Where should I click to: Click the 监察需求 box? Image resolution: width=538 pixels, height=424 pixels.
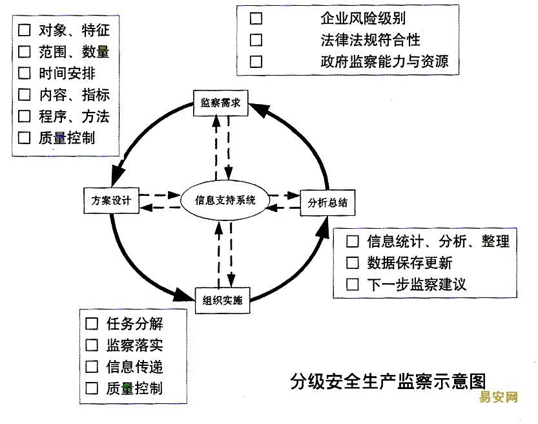(221, 103)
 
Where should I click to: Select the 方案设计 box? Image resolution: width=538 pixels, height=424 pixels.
(112, 200)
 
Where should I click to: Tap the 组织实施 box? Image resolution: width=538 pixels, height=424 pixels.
(222, 301)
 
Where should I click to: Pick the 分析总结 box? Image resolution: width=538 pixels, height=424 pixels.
(327, 203)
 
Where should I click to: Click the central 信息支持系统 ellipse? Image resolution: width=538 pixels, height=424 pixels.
(225, 200)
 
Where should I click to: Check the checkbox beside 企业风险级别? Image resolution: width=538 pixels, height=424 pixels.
(256, 18)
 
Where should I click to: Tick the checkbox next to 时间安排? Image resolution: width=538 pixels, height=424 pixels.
(25, 73)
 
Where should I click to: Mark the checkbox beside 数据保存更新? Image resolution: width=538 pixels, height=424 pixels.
(353, 263)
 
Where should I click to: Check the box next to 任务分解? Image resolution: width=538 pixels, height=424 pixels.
(92, 323)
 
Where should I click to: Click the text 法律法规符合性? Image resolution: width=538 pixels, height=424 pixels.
(371, 40)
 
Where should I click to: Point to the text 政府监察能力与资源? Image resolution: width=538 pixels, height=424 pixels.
(385, 62)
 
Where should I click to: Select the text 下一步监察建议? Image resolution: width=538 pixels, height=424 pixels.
(417, 284)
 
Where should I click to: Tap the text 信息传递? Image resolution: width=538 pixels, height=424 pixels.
(134, 367)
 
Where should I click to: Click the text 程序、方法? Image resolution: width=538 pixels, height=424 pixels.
(74, 116)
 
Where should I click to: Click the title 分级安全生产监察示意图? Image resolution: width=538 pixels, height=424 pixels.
(388, 381)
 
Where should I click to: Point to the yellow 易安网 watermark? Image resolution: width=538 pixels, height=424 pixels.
(498, 397)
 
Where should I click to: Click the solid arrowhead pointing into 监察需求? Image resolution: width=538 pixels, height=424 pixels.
(258, 109)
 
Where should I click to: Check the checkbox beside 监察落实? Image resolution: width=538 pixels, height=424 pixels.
(92, 345)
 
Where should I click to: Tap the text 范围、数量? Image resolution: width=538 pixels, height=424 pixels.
(74, 52)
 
